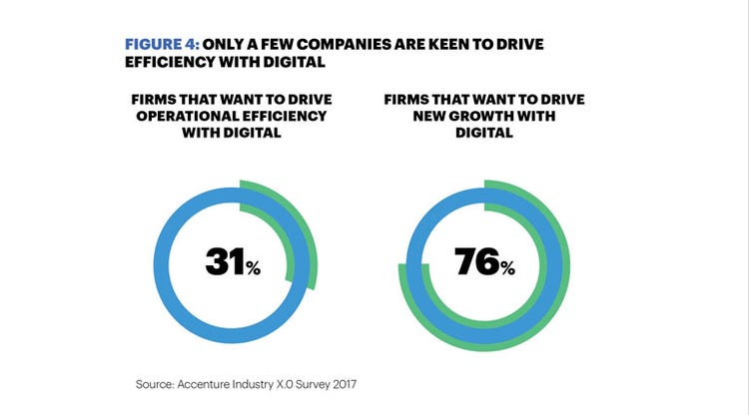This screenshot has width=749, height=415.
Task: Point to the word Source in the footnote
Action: pos(154,382)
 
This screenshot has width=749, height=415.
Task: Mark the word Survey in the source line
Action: pos(312,382)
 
